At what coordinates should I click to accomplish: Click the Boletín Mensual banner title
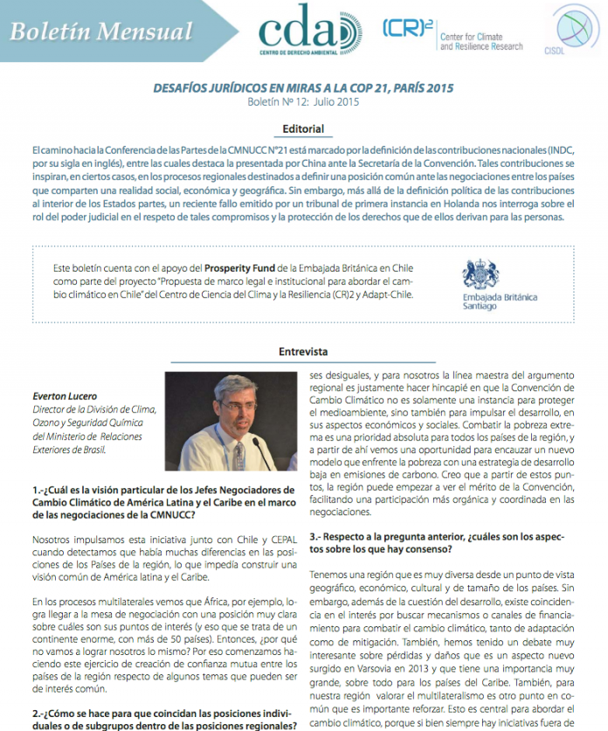click(x=101, y=32)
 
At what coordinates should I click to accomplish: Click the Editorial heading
click(x=303, y=129)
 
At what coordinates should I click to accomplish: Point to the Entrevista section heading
click(x=303, y=352)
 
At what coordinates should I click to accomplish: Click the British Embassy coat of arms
click(x=481, y=273)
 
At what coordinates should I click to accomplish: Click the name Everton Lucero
click(x=65, y=396)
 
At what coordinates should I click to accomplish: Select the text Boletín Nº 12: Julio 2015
click(x=303, y=102)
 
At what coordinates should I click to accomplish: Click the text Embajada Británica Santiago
click(x=500, y=301)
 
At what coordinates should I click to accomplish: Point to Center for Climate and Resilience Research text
click(x=481, y=41)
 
